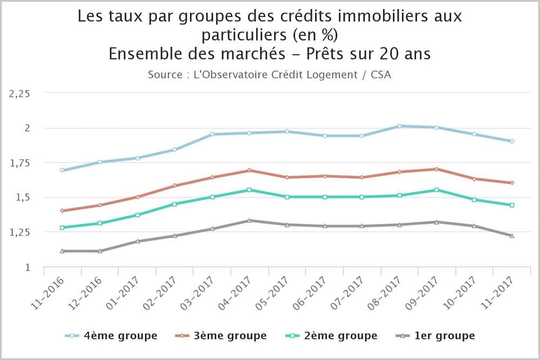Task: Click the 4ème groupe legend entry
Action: tap(112, 336)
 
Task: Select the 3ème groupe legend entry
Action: tap(221, 336)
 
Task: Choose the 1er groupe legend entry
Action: tap(434, 336)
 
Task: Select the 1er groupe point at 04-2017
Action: tap(249, 220)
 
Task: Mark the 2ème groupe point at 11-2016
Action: tap(63, 228)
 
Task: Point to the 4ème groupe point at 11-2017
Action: tap(511, 141)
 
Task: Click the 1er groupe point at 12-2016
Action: tap(100, 251)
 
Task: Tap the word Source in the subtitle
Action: tap(164, 74)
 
